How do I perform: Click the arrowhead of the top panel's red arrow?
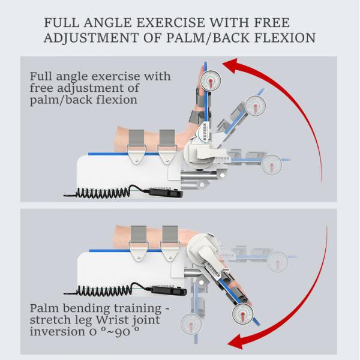(229, 67)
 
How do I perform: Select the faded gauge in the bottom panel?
(277, 260)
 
